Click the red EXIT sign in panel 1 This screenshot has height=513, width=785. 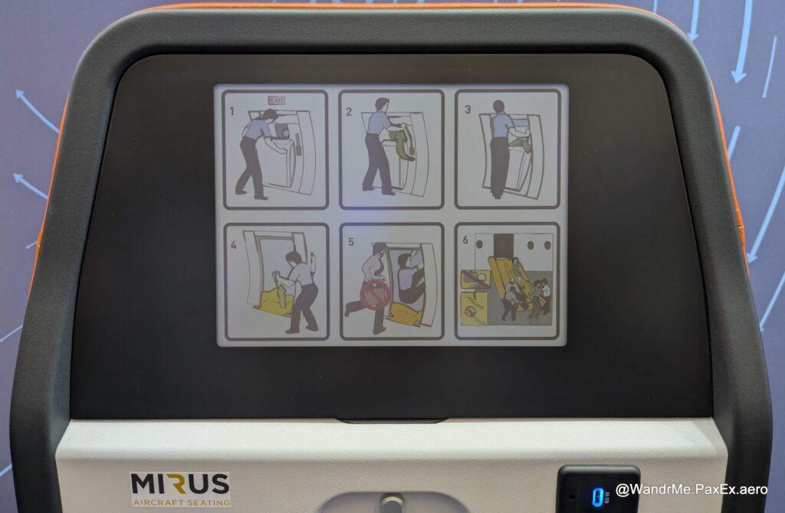point(276,100)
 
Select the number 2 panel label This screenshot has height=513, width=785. point(348,112)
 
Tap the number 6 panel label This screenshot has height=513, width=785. point(465,240)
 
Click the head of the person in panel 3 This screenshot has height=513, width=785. point(498,106)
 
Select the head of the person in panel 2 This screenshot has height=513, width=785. point(381,104)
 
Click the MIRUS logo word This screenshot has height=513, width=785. point(180,483)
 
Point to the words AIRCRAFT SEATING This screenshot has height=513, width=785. point(180,502)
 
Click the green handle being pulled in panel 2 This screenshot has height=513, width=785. point(398,142)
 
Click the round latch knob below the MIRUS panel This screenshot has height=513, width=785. point(392,503)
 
